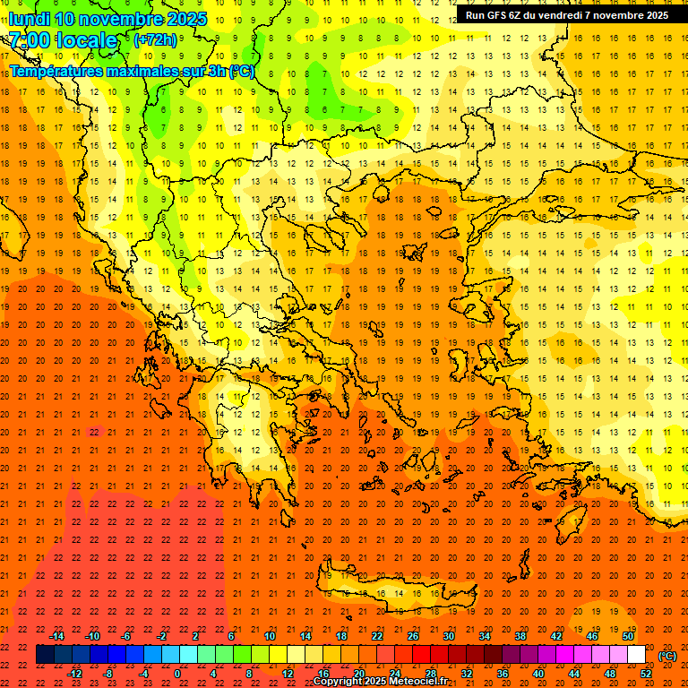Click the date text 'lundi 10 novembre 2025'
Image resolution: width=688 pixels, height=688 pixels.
(x=107, y=19)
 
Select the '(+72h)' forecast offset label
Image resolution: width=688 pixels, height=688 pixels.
(x=155, y=40)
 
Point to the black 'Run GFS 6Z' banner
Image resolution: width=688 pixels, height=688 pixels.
(x=566, y=15)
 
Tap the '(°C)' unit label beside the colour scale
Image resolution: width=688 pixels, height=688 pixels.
(x=667, y=656)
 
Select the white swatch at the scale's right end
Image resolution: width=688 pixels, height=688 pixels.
(x=637, y=655)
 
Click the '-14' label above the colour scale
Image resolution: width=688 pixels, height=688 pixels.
(x=57, y=636)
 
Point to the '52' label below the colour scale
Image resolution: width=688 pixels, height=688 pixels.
(x=646, y=674)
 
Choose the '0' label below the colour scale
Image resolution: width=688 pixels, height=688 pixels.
(x=177, y=674)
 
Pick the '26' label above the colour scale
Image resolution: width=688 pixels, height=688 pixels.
(x=413, y=636)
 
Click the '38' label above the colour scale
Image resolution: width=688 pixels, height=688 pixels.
(x=520, y=636)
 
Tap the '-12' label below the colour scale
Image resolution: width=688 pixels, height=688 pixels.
(x=74, y=674)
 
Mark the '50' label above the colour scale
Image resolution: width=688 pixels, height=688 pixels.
(x=628, y=636)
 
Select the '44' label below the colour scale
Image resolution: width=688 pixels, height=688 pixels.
(x=574, y=674)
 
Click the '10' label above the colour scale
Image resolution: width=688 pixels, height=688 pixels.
(x=270, y=636)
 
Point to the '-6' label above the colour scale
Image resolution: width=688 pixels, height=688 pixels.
(x=125, y=636)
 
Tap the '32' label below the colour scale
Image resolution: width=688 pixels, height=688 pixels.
(x=467, y=674)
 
